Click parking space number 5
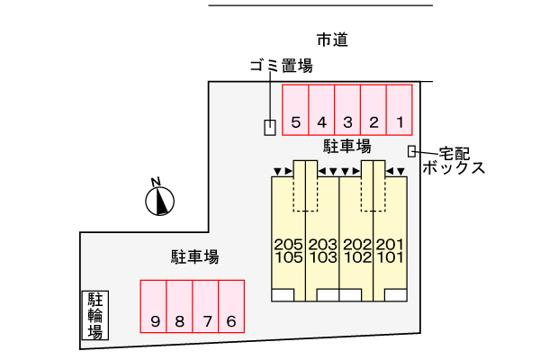point(296,110)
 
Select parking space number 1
point(400,110)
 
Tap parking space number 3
point(347,110)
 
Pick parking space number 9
point(154,307)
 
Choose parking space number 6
point(231,307)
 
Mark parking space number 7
point(206,307)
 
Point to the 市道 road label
point(332,40)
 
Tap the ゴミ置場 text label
point(281,65)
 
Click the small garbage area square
point(270,128)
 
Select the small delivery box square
point(412,151)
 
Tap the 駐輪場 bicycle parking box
point(94,315)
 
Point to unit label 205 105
point(288,249)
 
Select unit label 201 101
point(390,249)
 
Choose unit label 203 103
point(322,249)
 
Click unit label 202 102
point(356,249)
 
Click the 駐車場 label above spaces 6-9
point(195,256)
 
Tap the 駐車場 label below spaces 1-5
point(346,145)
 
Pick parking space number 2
point(373,110)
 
